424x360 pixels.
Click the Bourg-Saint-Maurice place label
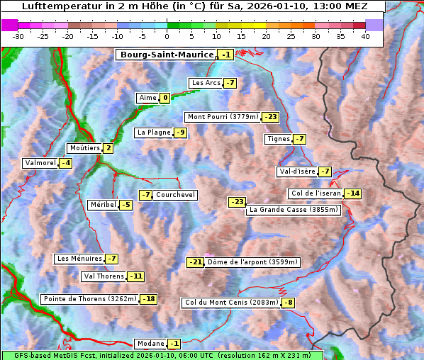[167, 55]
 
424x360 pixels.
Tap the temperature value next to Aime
[164, 98]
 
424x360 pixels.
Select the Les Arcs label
[206, 83]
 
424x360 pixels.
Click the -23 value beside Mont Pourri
[270, 117]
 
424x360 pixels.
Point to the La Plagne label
[151, 133]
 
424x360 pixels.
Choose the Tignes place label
[278, 139]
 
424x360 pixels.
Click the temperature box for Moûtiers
[108, 148]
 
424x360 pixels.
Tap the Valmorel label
[40, 163]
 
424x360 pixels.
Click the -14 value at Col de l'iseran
[352, 193]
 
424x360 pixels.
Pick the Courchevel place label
[175, 195]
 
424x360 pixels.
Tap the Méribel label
[103, 205]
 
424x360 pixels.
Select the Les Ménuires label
[79, 259]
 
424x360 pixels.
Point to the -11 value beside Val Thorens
[135, 276]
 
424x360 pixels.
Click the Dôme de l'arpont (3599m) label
[253, 262]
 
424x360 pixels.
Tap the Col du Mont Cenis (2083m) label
[231, 303]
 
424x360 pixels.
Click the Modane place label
[150, 344]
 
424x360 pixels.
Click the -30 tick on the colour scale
[18, 35]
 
